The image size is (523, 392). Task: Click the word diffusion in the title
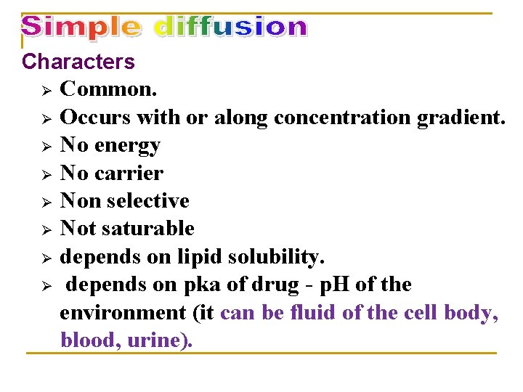(231, 28)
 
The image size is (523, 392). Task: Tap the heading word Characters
(78, 62)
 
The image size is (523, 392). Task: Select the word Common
(109, 90)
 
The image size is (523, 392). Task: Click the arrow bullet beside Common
(45, 91)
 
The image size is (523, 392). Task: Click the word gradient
(461, 118)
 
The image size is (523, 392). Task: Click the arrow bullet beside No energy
(45, 147)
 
